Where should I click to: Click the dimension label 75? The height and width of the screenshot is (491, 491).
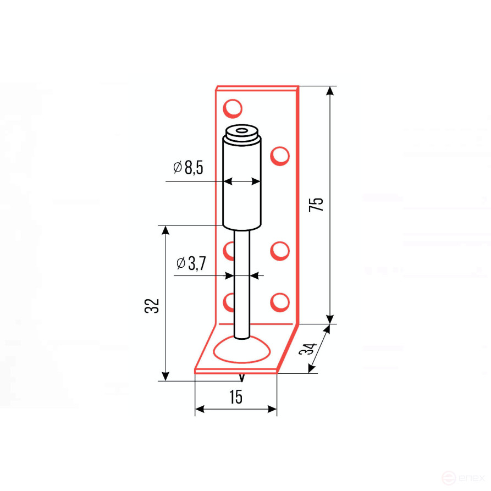coord(316,205)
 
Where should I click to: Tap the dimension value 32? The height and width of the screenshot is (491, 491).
coord(152,306)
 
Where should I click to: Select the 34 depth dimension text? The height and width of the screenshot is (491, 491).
coord(308,349)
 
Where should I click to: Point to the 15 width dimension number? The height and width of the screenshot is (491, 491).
coord(235,397)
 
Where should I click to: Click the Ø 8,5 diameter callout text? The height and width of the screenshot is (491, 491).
coord(188,167)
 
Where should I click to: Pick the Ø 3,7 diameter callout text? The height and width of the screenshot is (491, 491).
coord(191,263)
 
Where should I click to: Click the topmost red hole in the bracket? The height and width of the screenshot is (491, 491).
coord(233,108)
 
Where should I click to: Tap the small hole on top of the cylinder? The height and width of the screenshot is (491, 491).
coord(241,130)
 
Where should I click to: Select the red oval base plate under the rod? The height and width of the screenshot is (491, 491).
coord(241,350)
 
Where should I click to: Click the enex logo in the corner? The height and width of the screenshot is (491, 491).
coord(464,478)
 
